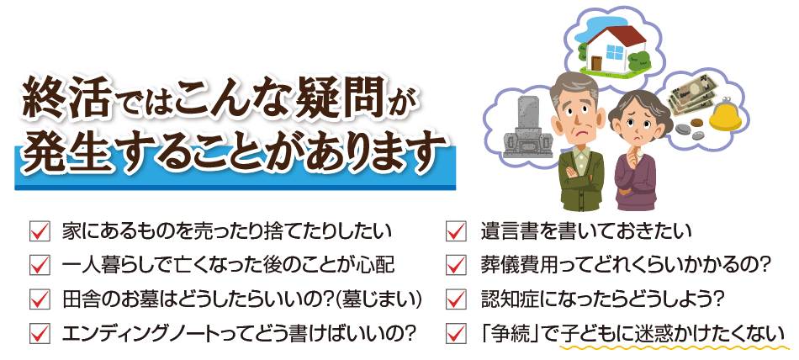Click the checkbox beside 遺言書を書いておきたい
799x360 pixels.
pyautogui.click(x=455, y=232)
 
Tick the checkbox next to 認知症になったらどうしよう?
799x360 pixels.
pyautogui.click(x=455, y=299)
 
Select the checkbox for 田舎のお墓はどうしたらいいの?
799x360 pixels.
pyautogui.click(x=40, y=299)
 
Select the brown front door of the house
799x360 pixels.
pyautogui.click(x=596, y=62)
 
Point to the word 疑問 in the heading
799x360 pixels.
pyautogui.click(x=340, y=98)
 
